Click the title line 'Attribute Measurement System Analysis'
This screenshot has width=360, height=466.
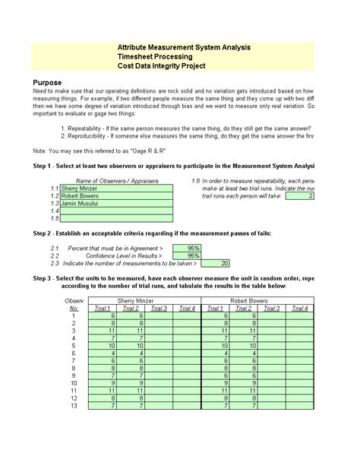184,47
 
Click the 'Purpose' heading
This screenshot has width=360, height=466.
47,82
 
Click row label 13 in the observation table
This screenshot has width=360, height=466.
74,406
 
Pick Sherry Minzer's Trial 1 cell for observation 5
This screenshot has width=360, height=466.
106,345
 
